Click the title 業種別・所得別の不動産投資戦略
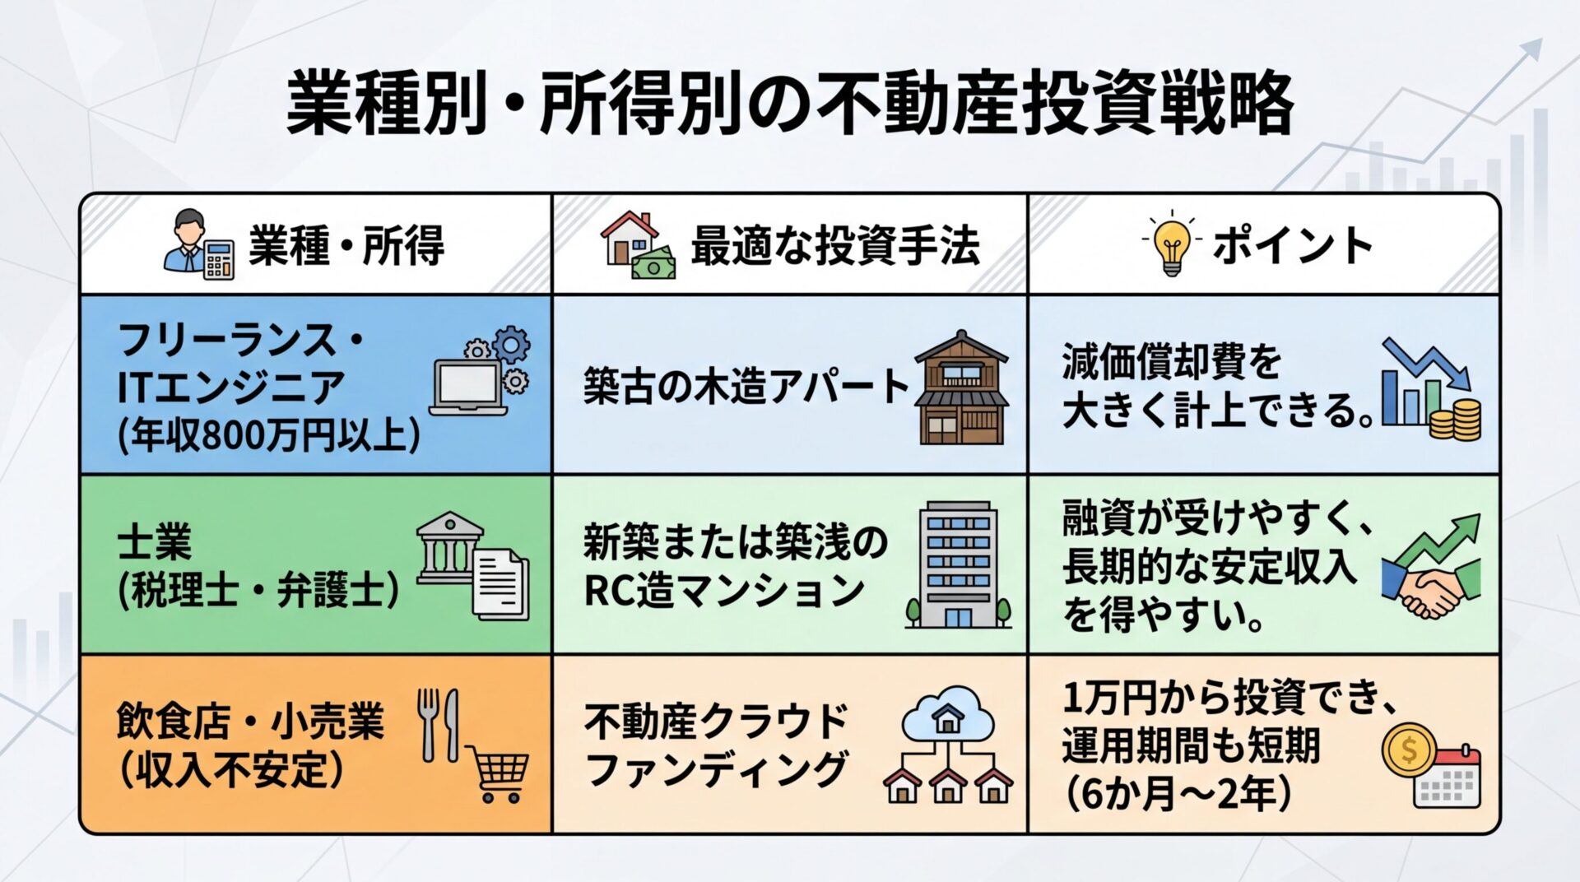click(x=790, y=104)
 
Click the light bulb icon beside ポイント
click(x=1171, y=244)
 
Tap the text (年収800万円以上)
click(x=268, y=434)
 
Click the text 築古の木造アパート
click(x=746, y=387)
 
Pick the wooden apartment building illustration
click(x=962, y=388)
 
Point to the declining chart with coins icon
click(x=1431, y=388)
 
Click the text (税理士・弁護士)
click(x=258, y=591)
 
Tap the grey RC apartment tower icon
click(x=958, y=565)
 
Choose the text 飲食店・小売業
click(x=250, y=722)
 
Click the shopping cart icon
click(x=497, y=773)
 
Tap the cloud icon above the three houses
click(x=947, y=713)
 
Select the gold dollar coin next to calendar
click(x=1408, y=750)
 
